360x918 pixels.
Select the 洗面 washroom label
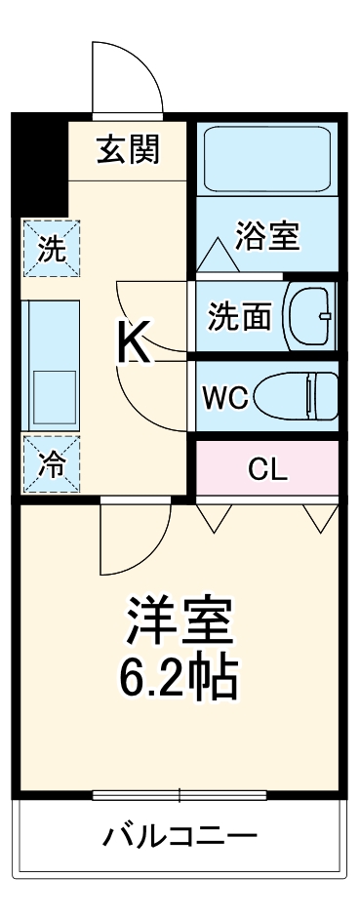(x=240, y=317)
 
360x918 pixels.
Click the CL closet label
(x=266, y=469)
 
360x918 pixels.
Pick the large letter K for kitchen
(x=135, y=342)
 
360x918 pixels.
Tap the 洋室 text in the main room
(x=178, y=620)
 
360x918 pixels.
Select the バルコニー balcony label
(x=180, y=836)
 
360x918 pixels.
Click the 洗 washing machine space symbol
(x=51, y=248)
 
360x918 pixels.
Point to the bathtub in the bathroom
(x=266, y=157)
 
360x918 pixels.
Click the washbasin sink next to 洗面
(x=309, y=316)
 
